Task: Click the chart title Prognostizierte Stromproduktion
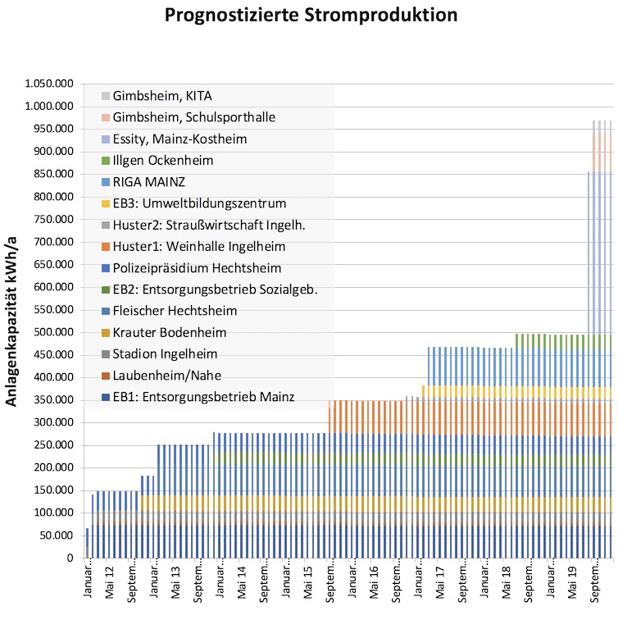(311, 15)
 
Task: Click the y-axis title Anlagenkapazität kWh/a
(11, 321)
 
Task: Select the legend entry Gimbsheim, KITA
(157, 96)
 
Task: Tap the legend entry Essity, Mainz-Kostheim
(175, 139)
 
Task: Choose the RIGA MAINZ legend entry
(143, 182)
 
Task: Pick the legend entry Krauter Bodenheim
(164, 332)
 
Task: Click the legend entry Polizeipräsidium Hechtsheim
(191, 268)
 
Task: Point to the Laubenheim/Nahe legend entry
(161, 376)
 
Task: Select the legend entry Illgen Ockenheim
(157, 161)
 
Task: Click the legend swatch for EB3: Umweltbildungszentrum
(106, 203)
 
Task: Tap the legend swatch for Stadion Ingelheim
(106, 354)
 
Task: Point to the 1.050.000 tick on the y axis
(49, 84)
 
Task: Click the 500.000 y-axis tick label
(54, 332)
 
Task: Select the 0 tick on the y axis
(70, 558)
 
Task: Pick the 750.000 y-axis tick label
(54, 219)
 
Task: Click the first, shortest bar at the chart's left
(88, 543)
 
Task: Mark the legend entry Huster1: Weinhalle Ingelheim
(193, 247)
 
